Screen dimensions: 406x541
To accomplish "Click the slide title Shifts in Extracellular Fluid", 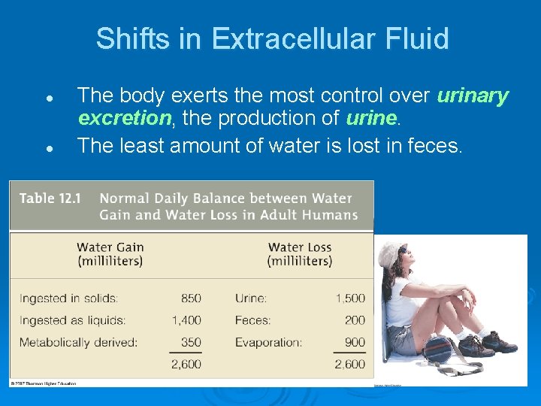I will (x=272, y=38).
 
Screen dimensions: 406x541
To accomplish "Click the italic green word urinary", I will (x=473, y=95).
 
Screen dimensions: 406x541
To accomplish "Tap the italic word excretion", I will (x=125, y=118).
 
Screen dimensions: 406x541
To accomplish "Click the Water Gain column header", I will (x=110, y=254).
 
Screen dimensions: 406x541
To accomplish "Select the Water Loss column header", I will (x=300, y=254).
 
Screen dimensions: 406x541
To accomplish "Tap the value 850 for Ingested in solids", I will (x=191, y=298).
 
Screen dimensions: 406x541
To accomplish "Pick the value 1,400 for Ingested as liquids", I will (x=186, y=320).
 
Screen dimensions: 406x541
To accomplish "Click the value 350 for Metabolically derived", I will (x=191, y=342).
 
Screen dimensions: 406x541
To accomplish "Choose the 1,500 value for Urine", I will (x=350, y=298).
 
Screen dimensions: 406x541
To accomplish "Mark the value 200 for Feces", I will (x=355, y=320).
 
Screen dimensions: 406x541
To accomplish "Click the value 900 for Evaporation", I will (x=355, y=342).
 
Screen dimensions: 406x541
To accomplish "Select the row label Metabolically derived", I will (x=78, y=342).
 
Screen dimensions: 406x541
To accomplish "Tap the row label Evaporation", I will (x=268, y=342).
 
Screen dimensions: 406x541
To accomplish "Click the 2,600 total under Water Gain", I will (x=186, y=364).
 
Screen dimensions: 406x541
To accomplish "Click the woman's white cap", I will (x=393, y=256).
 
